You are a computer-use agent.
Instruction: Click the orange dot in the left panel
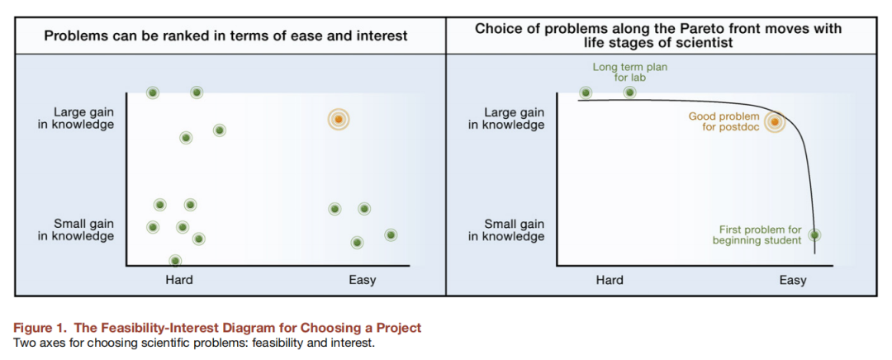[x=339, y=120]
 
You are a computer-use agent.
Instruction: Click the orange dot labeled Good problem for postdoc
[x=774, y=122]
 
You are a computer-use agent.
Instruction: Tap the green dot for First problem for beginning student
[x=814, y=234]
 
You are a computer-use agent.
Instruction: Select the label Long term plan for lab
[x=629, y=73]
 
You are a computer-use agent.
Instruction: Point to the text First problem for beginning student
[x=757, y=235]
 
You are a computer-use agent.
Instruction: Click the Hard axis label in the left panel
[x=179, y=280]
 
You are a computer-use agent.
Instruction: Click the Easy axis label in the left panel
[x=363, y=280]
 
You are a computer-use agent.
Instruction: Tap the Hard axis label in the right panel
[x=610, y=280]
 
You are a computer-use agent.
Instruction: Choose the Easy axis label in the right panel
[x=792, y=280]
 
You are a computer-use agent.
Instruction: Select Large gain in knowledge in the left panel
[x=76, y=118]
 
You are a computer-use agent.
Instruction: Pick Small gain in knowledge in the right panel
[x=506, y=230]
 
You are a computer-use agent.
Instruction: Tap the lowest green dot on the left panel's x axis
[x=175, y=260]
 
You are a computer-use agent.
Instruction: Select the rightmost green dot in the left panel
[x=390, y=234]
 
